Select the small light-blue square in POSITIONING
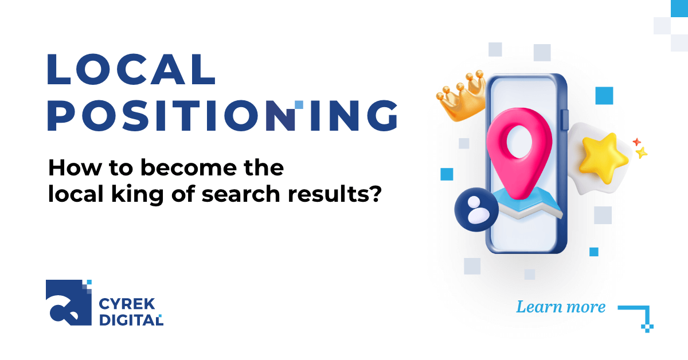(299, 104)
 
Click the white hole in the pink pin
(519, 138)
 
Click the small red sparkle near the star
(636, 141)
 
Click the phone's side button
(565, 119)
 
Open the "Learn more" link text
(561, 307)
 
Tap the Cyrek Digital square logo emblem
(68, 302)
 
